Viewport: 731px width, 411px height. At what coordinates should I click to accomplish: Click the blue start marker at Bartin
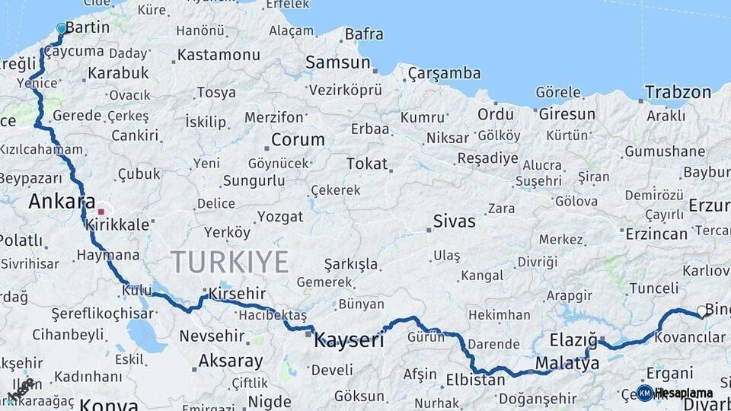coord(62,28)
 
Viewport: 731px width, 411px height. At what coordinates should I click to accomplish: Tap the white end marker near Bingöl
coord(701,311)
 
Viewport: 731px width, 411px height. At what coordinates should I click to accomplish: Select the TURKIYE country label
coord(229,262)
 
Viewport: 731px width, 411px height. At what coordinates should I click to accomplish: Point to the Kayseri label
coord(350,340)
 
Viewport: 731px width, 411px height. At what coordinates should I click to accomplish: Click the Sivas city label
coord(454,221)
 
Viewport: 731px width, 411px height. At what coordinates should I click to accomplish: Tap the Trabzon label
coord(678,93)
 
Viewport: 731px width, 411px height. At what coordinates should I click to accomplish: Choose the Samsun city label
coord(337,62)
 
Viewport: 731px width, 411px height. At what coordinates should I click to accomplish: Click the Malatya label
coord(567,364)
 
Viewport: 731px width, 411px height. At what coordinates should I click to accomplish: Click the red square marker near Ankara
coord(101,212)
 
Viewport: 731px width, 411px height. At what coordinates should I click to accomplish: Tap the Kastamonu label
coord(219,55)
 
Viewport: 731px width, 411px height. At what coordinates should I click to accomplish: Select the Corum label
coord(298,140)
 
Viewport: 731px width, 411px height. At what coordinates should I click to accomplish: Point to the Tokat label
coord(367,164)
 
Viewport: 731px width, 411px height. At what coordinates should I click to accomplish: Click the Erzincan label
coord(656,234)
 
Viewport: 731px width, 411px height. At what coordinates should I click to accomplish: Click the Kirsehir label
coord(238,293)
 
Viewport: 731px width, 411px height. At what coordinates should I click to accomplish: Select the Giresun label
coord(567,114)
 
